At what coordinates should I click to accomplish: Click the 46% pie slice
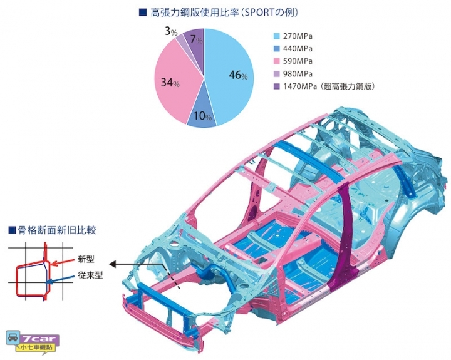(230, 75)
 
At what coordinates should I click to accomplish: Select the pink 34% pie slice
(173, 83)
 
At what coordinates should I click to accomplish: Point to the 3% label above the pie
(171, 32)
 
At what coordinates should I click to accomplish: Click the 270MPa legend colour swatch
(276, 36)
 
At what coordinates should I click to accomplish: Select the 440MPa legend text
(298, 49)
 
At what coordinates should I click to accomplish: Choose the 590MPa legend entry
(293, 61)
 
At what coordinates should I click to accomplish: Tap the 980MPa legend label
(298, 74)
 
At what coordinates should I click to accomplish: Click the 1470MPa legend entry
(324, 86)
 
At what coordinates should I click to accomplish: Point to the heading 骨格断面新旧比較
(56, 230)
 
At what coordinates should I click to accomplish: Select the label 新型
(86, 259)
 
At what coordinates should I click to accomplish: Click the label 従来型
(90, 275)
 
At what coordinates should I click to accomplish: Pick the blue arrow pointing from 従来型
(61, 279)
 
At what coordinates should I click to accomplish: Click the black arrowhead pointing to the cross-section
(113, 264)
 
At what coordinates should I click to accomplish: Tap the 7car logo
(32, 342)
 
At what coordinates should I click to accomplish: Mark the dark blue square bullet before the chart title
(142, 13)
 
